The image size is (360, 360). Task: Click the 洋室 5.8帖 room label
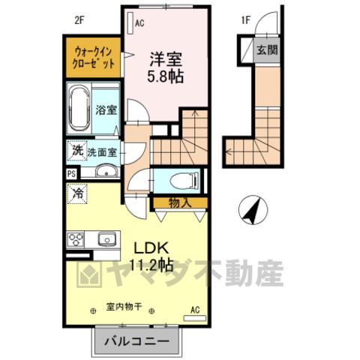(x=166, y=67)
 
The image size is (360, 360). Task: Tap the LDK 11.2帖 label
(x=151, y=256)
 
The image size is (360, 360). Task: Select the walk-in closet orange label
(x=93, y=58)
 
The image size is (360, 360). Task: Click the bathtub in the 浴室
(x=79, y=110)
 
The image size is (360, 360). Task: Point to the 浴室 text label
(x=106, y=110)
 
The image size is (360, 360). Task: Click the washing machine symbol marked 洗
(x=77, y=151)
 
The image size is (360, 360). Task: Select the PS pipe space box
(x=72, y=174)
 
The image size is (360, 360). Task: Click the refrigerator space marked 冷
(x=77, y=193)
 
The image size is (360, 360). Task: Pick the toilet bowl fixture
(x=184, y=180)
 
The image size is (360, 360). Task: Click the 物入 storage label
(x=180, y=203)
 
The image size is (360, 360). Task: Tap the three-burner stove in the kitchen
(x=76, y=239)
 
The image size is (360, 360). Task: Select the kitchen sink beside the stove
(x=107, y=238)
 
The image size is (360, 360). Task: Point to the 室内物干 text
(x=124, y=307)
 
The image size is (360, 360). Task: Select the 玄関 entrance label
(x=267, y=50)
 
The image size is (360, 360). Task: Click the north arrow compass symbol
(x=253, y=210)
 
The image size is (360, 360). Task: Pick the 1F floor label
(x=246, y=20)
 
